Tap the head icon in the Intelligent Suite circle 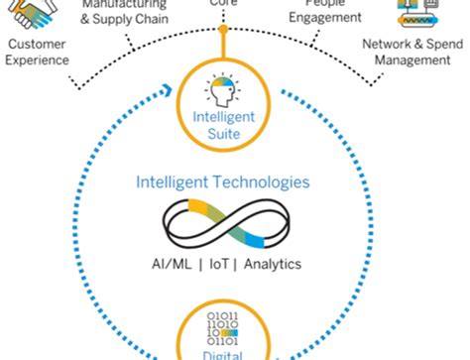tap(223, 91)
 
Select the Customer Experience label tap(38, 52)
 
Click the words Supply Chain tap(137, 19)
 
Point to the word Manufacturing tap(125, 4)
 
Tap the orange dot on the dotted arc tap(223, 29)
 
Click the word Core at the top tap(223, 4)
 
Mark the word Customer tap(38, 44)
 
